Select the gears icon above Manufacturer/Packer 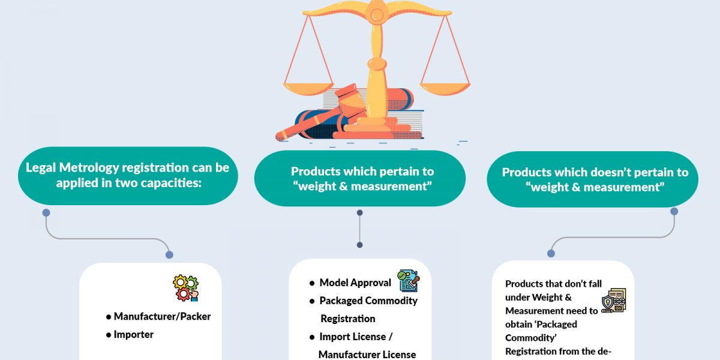185,288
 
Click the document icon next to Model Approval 409,281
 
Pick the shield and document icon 613,301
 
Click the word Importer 133,334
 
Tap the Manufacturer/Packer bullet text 162,316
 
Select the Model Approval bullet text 355,283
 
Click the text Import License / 356,337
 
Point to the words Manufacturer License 367,354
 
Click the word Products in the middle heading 319,172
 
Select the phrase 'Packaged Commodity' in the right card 533,331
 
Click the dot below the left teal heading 46,213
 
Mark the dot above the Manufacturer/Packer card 169,255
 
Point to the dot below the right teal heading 674,212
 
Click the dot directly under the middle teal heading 359,213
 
